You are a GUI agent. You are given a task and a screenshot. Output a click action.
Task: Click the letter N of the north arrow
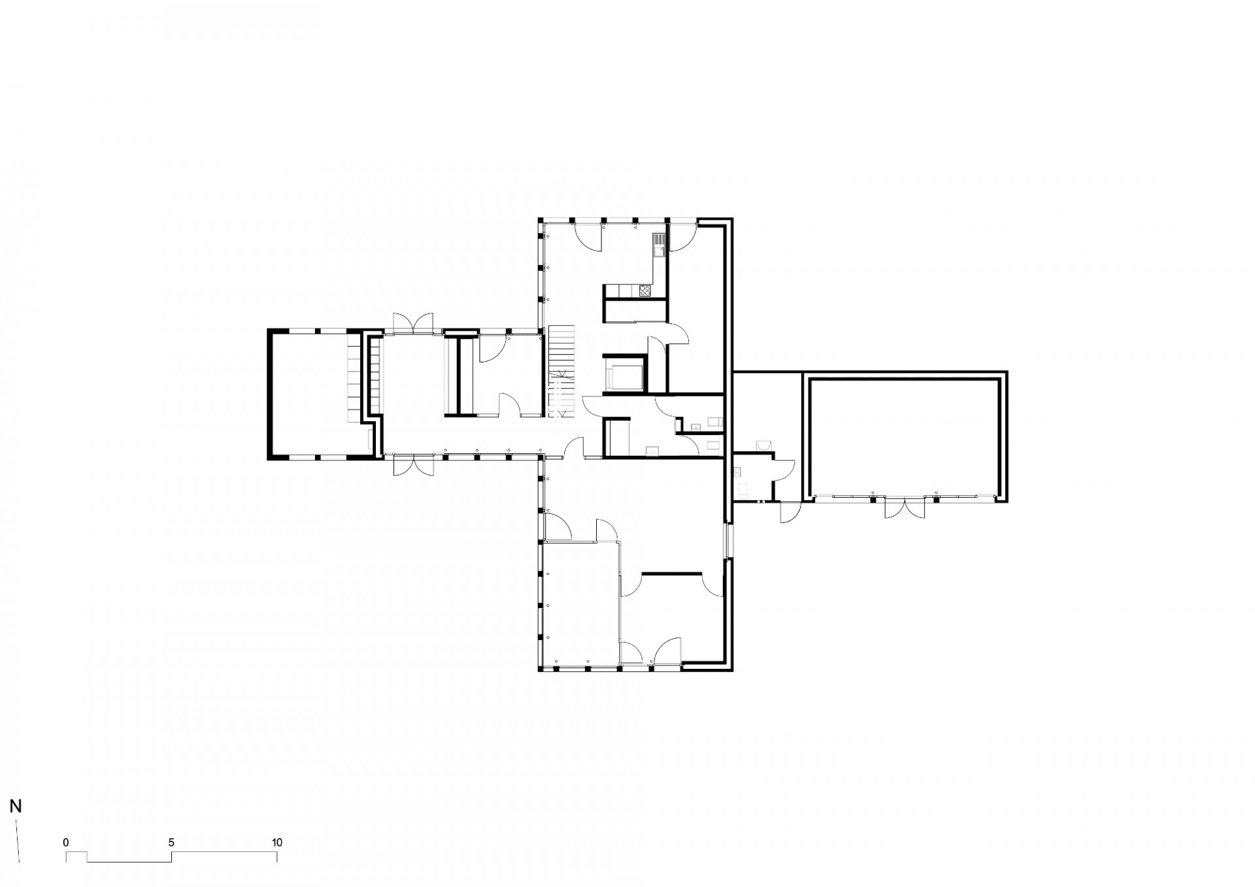pyautogui.click(x=16, y=806)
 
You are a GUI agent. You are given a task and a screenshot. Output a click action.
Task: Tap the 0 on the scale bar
pyautogui.click(x=66, y=843)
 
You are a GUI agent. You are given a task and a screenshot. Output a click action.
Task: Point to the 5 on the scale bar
pyautogui.click(x=171, y=843)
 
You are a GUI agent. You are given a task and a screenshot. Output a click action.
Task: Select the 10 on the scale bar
pyautogui.click(x=277, y=843)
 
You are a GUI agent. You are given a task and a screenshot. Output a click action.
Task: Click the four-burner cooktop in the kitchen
pyautogui.click(x=645, y=291)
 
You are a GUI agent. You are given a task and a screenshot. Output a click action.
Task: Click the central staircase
pyautogui.click(x=560, y=371)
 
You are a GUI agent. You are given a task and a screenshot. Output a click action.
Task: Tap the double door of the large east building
pyautogui.click(x=905, y=508)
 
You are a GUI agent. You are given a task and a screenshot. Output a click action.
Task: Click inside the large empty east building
pyautogui.click(x=905, y=438)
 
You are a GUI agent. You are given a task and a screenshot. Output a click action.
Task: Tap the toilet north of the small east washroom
pyautogui.click(x=763, y=444)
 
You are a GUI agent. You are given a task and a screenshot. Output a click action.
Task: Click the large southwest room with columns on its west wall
pyautogui.click(x=581, y=604)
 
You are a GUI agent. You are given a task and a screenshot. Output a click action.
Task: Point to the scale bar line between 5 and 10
pyautogui.click(x=224, y=852)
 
